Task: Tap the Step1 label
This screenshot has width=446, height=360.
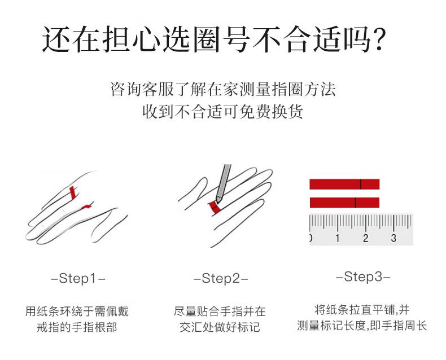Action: tap(78, 278)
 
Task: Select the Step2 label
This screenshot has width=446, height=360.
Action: tap(221, 278)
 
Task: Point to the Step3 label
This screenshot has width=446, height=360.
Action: tap(363, 276)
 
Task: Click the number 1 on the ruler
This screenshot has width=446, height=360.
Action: tap(338, 238)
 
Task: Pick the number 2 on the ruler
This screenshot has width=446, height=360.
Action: tap(365, 238)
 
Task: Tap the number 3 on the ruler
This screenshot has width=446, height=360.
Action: tap(393, 238)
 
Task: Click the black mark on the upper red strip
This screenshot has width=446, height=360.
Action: tap(361, 185)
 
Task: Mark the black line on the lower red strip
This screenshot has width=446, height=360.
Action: tap(355, 203)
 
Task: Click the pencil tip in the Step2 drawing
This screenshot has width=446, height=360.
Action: tap(218, 200)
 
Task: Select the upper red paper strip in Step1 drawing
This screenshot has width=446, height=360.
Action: tap(73, 192)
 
